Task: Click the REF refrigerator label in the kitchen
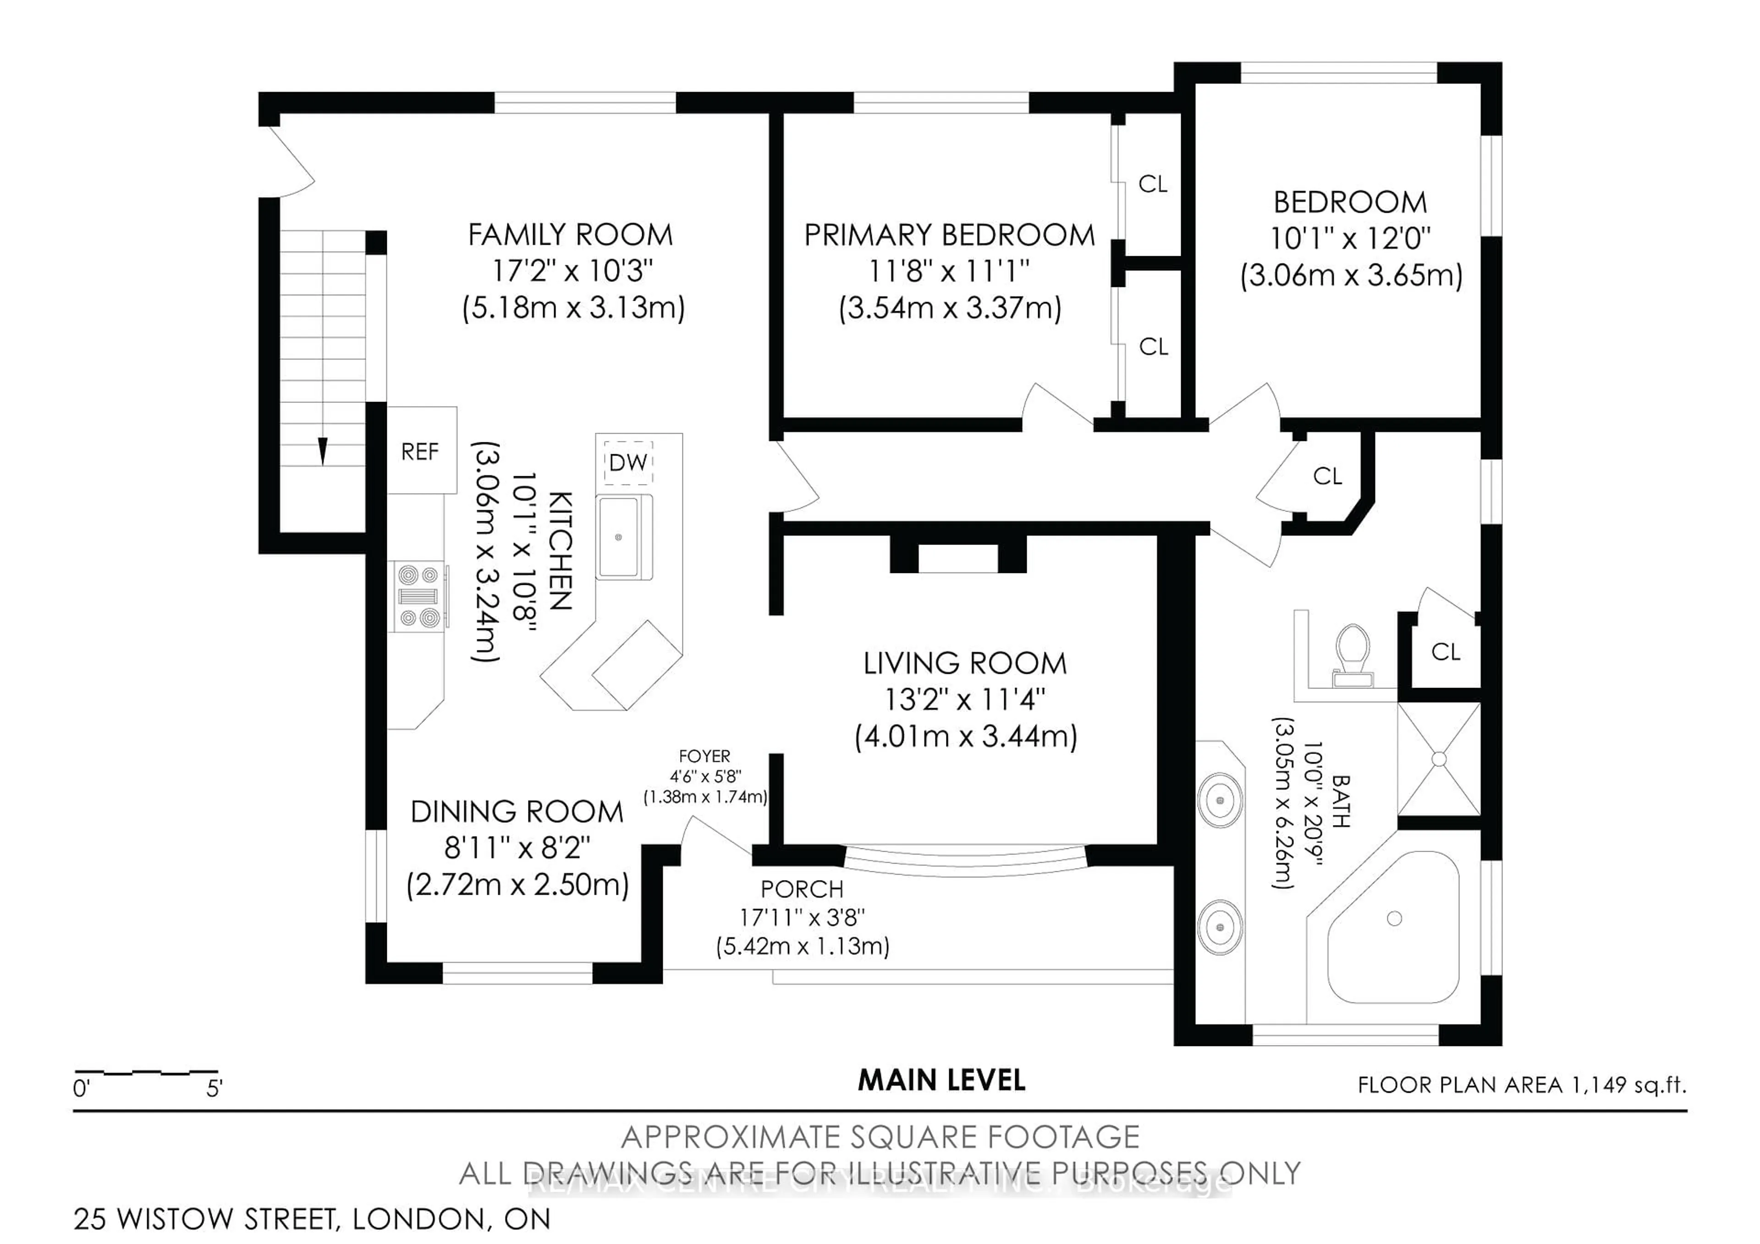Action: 420,451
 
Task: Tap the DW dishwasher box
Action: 628,462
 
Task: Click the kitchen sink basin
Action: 619,537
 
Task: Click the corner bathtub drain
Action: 1394,918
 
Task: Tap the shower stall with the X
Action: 1439,759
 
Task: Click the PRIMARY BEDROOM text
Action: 949,235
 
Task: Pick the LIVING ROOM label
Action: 965,663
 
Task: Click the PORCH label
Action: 802,889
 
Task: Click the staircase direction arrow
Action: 323,451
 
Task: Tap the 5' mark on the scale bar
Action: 214,1089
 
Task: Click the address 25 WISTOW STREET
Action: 207,1219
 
